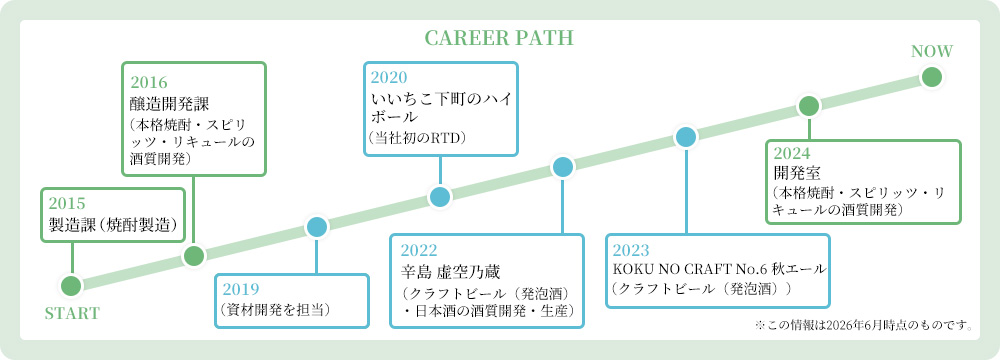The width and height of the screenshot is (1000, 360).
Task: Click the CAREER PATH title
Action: pos(499,38)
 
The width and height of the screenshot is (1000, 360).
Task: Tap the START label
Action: pos(72,313)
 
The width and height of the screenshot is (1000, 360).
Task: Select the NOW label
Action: pos(932,52)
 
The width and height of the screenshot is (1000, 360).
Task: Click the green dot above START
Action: pos(72,286)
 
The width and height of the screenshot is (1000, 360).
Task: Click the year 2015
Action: pos(67,204)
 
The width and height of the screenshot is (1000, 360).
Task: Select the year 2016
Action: pos(149,82)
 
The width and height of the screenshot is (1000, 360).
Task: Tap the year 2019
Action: pos(241,289)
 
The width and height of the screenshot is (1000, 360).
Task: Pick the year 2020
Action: pos(389,78)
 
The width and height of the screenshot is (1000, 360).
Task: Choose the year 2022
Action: pos(418,250)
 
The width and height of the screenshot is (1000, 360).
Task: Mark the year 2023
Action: pos(631,250)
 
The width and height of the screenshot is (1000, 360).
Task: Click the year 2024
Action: pos(791,153)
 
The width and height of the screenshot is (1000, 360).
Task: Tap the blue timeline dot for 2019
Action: pos(317,227)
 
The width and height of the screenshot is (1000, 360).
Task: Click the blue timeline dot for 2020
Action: pos(440,197)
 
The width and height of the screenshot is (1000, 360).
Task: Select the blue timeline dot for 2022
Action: pos(562,167)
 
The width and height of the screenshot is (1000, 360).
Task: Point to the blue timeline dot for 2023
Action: pos(686,137)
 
